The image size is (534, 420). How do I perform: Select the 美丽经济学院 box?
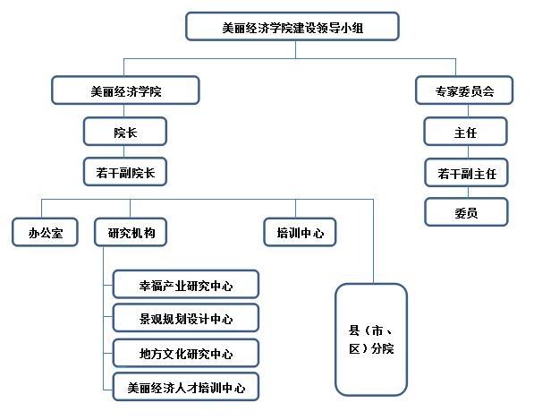[x=125, y=90]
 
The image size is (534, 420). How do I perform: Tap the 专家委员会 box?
[x=465, y=90]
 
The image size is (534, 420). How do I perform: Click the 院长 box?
[x=125, y=133]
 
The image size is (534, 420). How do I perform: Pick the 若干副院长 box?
[x=125, y=173]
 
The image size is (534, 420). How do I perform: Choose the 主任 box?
[x=465, y=133]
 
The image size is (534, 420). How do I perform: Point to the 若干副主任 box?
[x=465, y=173]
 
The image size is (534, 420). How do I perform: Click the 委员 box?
[x=465, y=212]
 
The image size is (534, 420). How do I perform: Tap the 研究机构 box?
[x=131, y=234]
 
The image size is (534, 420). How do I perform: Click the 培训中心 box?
[x=300, y=234]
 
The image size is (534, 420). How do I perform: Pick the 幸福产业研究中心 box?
[x=186, y=285]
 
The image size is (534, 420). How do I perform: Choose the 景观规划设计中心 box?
[x=186, y=318]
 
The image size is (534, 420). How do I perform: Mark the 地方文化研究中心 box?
[x=186, y=353]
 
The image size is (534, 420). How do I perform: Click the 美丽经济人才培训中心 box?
[x=186, y=387]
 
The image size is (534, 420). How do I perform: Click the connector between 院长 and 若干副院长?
[x=125, y=153]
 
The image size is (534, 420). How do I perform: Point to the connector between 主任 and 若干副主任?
[x=465, y=153]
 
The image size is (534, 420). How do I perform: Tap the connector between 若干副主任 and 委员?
[x=465, y=193]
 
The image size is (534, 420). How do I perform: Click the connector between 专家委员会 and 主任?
[x=465, y=112]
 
